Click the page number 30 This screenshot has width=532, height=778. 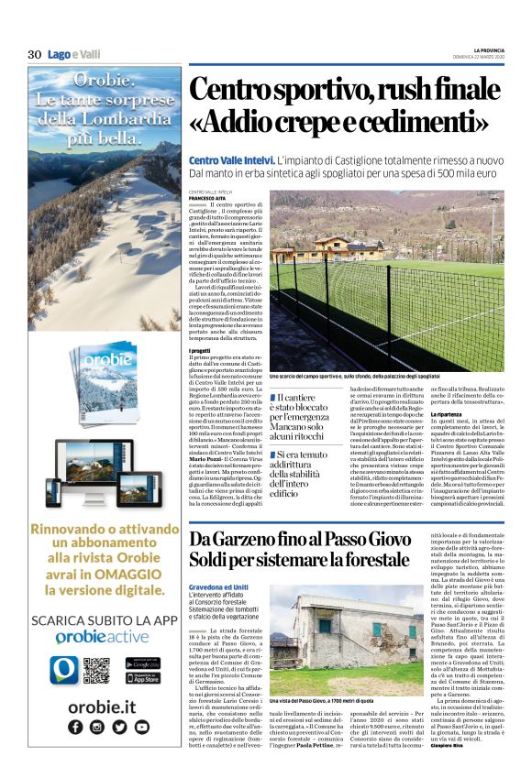(35, 54)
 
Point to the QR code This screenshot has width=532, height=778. (96, 670)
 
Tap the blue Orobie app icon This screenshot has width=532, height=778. (61, 670)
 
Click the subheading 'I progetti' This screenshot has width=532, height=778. (202, 350)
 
